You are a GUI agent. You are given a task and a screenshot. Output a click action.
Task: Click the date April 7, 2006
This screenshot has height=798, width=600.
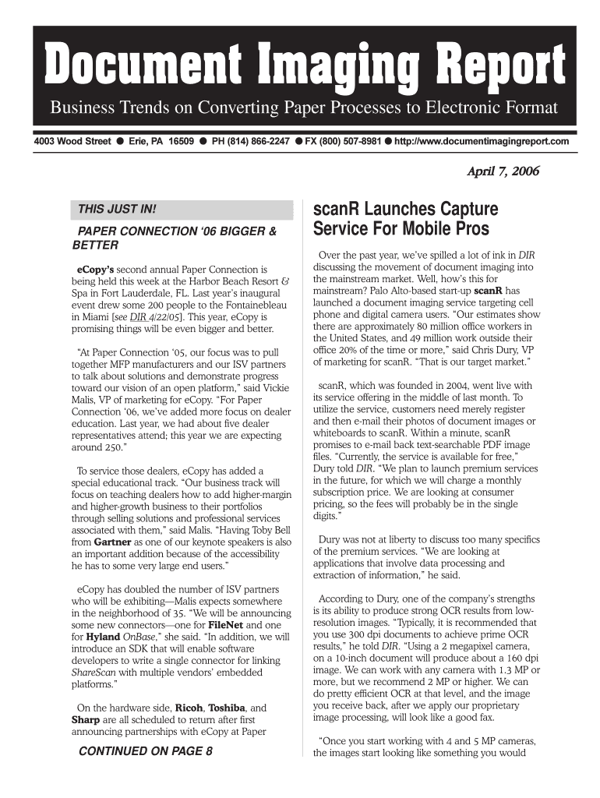coord(503,171)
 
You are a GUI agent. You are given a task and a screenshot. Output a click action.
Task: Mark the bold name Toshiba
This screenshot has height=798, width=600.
coord(226,708)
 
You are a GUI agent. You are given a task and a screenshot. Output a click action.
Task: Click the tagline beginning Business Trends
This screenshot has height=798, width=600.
coord(304,107)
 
